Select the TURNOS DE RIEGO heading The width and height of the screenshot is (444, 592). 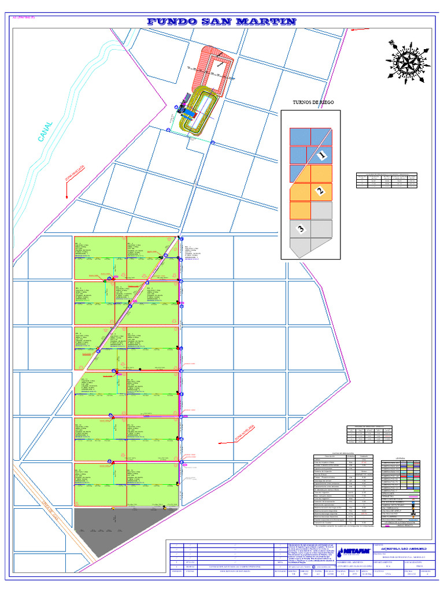click(x=313, y=102)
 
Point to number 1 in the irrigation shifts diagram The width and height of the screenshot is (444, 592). click(x=323, y=155)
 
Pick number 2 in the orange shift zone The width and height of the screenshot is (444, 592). click(x=320, y=191)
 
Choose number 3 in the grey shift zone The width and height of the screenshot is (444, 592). click(x=301, y=230)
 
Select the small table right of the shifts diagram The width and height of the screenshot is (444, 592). click(x=386, y=180)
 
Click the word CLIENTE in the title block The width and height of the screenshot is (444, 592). click(x=379, y=545)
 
